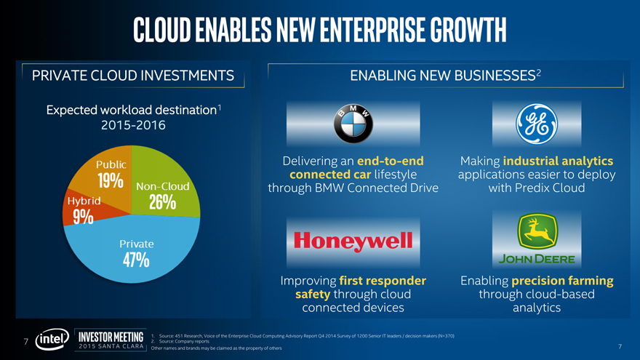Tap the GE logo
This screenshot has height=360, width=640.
[x=535, y=125]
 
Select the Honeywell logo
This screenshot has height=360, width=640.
[x=353, y=240]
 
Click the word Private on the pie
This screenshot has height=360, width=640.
[x=137, y=243]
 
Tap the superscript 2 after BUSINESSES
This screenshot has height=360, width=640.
[x=549, y=71]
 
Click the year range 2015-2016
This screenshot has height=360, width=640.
[x=132, y=125]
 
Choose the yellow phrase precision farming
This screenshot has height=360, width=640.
[x=562, y=281]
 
